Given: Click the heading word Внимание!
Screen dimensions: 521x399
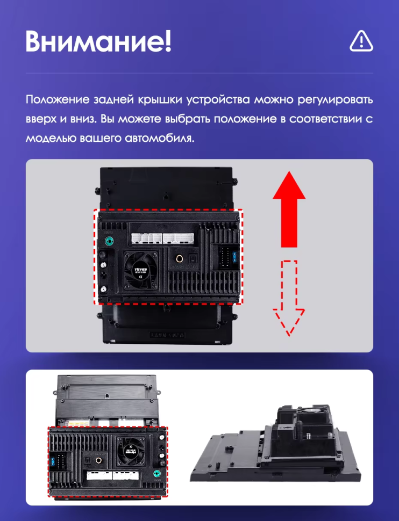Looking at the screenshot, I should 98,41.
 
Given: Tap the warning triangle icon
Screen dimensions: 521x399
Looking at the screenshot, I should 361,41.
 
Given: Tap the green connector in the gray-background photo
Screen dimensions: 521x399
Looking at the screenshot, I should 110,241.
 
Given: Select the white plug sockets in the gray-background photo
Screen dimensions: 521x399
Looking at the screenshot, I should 162,238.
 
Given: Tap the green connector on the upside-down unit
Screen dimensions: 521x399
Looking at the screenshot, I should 156,474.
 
